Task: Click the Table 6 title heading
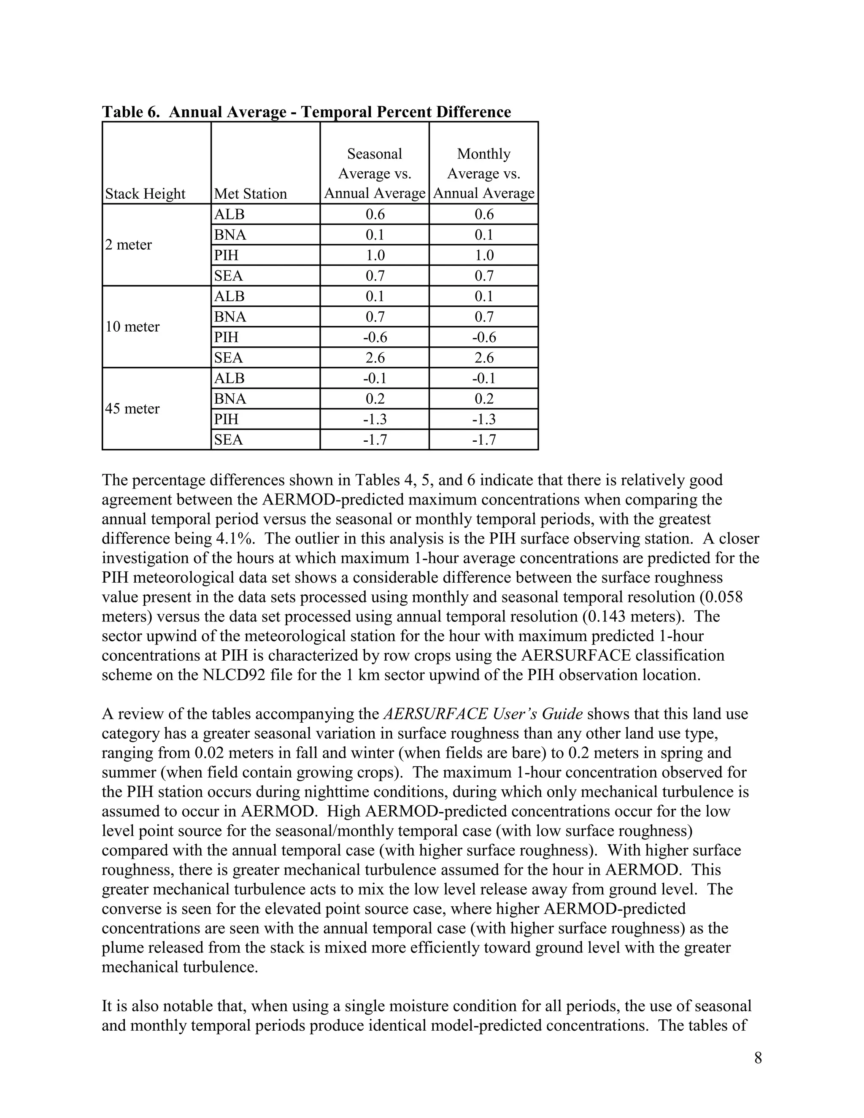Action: pyautogui.click(x=306, y=112)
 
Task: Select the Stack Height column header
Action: pyautogui.click(x=146, y=194)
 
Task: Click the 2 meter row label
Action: pyautogui.click(x=129, y=245)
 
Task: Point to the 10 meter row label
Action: pyautogui.click(x=132, y=327)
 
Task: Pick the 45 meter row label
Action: pyautogui.click(x=132, y=408)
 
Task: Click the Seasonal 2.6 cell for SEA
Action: pyautogui.click(x=375, y=357)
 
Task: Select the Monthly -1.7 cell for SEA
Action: pyautogui.click(x=484, y=439)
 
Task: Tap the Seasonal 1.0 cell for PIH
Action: pyautogui.click(x=375, y=255)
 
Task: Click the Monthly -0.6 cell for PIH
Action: pyautogui.click(x=484, y=337)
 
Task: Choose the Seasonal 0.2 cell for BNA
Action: pyautogui.click(x=375, y=398)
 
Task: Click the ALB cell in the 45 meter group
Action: pyautogui.click(x=229, y=378)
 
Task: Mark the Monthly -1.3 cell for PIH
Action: pyautogui.click(x=484, y=419)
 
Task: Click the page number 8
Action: pyautogui.click(x=758, y=1058)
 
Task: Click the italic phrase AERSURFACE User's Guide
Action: pyautogui.click(x=483, y=713)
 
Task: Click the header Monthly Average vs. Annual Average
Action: pyautogui.click(x=484, y=173)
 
